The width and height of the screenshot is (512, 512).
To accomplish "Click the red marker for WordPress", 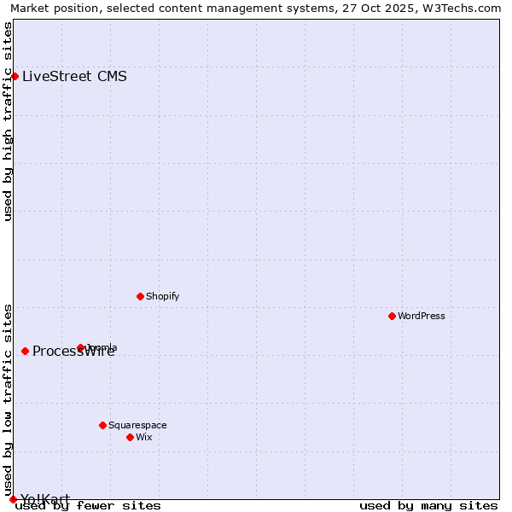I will tap(392, 316).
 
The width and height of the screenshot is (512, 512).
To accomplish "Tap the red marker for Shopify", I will tap(140, 296).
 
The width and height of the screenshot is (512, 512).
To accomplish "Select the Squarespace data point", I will tap(102, 425).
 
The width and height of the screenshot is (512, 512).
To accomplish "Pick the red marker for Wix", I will tap(130, 437).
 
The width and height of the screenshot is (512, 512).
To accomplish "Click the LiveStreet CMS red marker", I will tap(15, 76).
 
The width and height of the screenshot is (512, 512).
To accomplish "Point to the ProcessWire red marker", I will tap(25, 351).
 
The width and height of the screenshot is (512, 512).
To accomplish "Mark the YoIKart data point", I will tap(13, 499).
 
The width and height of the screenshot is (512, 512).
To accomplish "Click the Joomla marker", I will tap(80, 347).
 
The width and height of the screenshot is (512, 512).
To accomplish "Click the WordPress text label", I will tap(422, 316).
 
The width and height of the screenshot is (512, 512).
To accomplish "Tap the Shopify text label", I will tap(162, 296).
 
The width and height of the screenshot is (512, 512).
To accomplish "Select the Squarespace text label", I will tap(137, 425).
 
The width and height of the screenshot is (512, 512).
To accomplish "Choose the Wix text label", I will tap(143, 437).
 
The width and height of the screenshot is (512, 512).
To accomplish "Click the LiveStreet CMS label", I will tap(74, 76).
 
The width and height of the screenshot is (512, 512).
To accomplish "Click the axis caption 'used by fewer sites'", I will tap(88, 505).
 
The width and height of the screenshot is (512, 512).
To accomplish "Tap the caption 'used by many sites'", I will tap(428, 505).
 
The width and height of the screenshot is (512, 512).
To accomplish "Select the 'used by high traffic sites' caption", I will tap(9, 121).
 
